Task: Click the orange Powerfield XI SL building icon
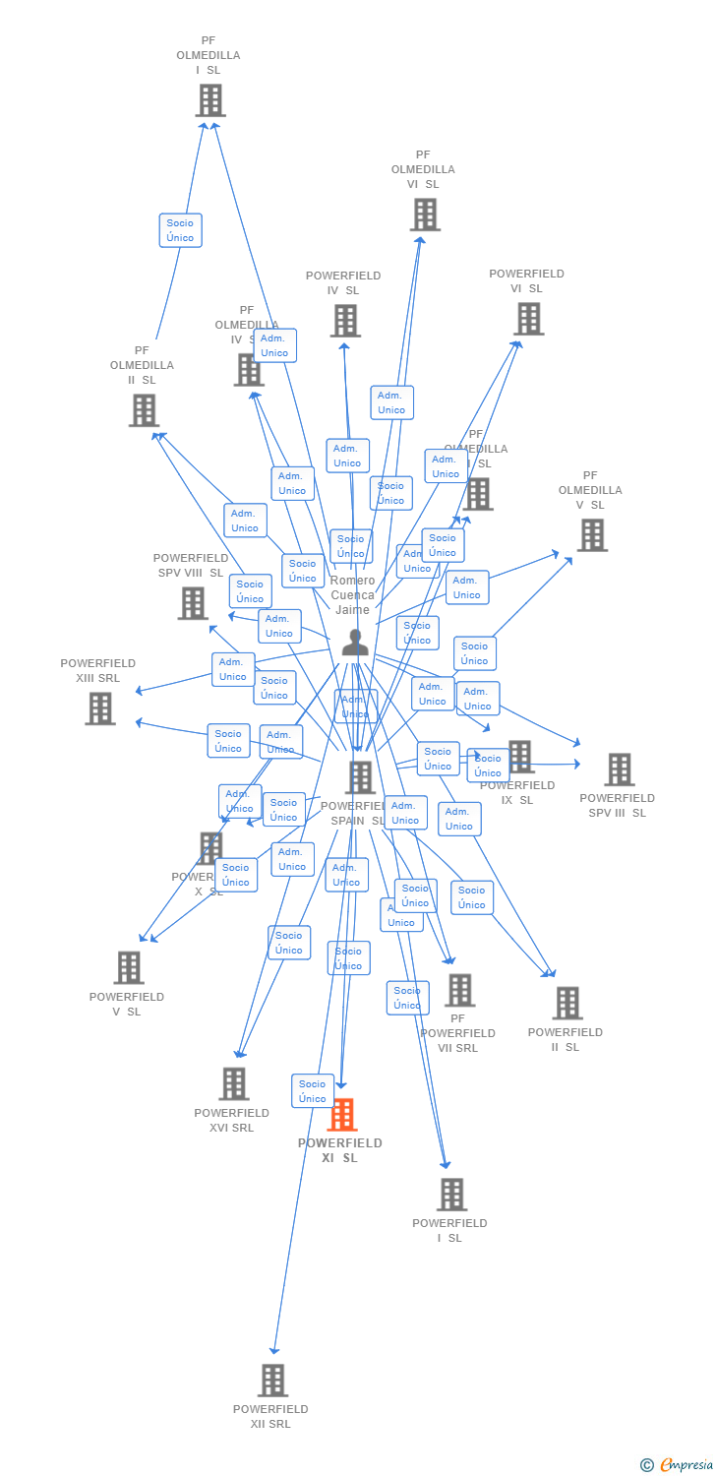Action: pos(342,1115)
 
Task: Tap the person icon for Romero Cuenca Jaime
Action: pos(355,643)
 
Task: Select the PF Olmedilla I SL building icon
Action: pos(209,100)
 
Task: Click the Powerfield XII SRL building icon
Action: pos(272,1380)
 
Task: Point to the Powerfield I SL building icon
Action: pos(450,1194)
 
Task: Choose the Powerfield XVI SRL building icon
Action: pos(233,1083)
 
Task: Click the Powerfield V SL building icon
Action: pos(128,967)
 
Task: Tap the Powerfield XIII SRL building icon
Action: pos(99,708)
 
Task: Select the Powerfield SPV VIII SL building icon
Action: pos(193,603)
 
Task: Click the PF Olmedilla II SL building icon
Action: pos(144,410)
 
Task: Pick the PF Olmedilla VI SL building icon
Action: pos(425,215)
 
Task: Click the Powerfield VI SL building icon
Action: pos(528,319)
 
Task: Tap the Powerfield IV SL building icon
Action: pos(345,321)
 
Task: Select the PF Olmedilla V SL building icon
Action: pos(591,535)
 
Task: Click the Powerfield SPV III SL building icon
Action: pos(619,769)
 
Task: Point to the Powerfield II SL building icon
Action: pos(567,1003)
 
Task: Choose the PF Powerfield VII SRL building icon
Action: pos(458,990)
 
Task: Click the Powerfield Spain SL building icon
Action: pos(360,777)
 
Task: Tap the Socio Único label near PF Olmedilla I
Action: pos(180,230)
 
